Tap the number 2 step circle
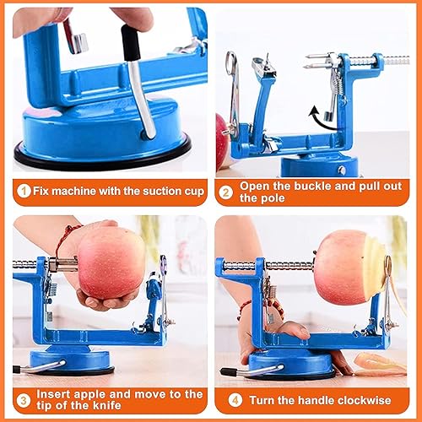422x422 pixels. [226, 192]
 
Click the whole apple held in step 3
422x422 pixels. [111, 262]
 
